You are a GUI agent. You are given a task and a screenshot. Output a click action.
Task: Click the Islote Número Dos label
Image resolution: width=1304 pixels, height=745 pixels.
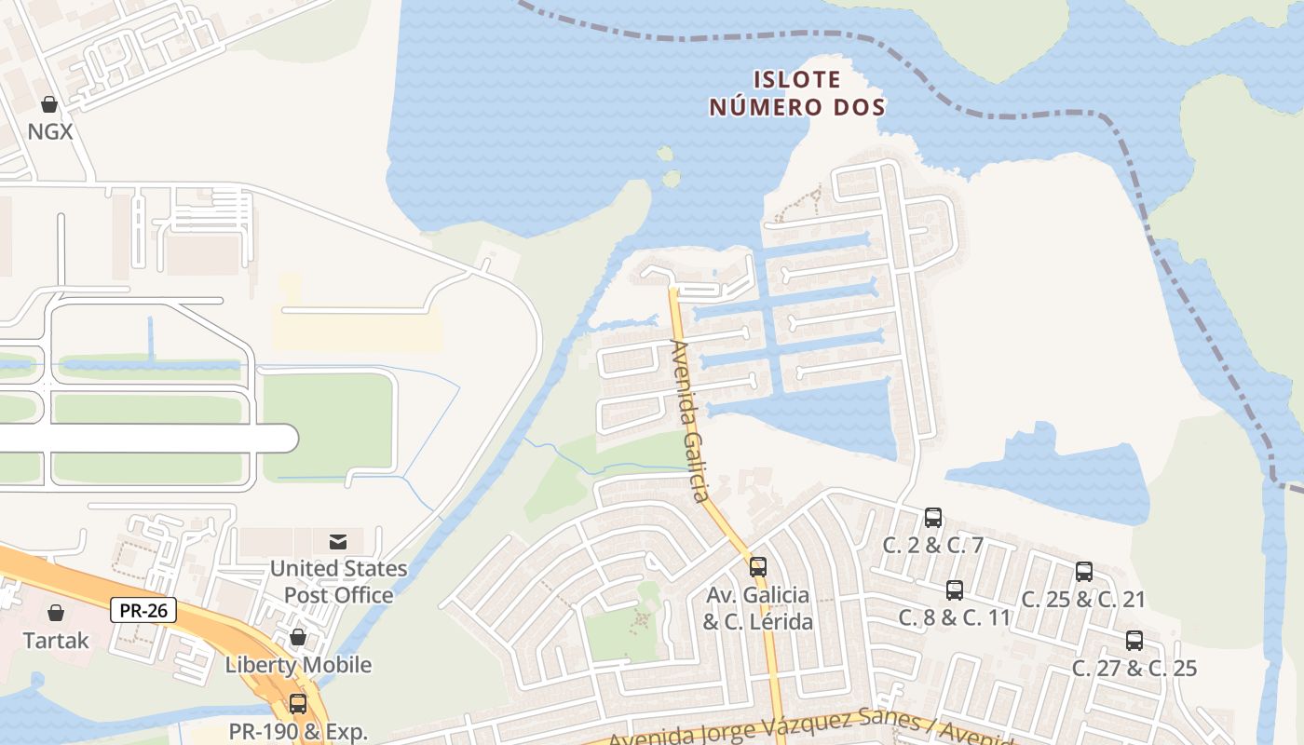(x=796, y=94)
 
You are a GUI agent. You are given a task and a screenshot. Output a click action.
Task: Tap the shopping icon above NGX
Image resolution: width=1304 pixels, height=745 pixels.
(x=48, y=104)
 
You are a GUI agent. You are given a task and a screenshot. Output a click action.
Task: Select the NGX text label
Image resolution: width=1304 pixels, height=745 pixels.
(x=49, y=131)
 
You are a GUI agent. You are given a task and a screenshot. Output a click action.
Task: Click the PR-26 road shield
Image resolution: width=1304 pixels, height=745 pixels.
(x=143, y=611)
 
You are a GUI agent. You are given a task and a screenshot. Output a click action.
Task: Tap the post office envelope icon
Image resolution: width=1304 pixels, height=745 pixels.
(x=337, y=541)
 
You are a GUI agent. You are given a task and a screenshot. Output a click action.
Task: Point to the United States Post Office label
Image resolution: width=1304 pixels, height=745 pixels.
(x=338, y=581)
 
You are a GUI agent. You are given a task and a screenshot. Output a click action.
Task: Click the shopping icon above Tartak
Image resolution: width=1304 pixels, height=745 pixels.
(x=56, y=613)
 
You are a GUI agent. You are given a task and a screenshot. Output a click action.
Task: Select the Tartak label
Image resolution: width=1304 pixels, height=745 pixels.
(x=56, y=641)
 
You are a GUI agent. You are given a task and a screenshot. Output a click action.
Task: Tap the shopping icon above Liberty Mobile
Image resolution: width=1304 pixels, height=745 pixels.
(x=298, y=637)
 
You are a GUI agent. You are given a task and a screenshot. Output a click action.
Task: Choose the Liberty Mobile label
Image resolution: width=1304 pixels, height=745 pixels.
(x=298, y=665)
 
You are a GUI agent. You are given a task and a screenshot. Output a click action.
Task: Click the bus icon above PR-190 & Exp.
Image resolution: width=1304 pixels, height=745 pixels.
(x=298, y=704)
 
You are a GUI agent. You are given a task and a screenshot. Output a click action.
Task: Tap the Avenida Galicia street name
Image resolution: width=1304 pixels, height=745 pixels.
(x=690, y=421)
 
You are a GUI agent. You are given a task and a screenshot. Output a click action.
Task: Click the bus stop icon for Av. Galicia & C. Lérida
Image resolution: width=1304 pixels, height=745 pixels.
(x=758, y=566)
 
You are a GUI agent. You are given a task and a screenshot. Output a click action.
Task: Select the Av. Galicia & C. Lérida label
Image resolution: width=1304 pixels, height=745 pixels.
(x=757, y=608)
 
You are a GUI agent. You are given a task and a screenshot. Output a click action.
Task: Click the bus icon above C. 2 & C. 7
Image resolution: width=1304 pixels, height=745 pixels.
(x=933, y=518)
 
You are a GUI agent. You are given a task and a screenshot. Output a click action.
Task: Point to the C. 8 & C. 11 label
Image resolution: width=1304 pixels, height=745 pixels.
(x=954, y=616)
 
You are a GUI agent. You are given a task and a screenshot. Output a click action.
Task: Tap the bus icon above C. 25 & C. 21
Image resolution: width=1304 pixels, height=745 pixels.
(x=1084, y=572)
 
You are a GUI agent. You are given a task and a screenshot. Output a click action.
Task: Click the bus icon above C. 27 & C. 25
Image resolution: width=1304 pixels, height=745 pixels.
(x=1134, y=641)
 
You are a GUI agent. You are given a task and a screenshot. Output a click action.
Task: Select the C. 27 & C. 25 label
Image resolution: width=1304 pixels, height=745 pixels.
(x=1134, y=668)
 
